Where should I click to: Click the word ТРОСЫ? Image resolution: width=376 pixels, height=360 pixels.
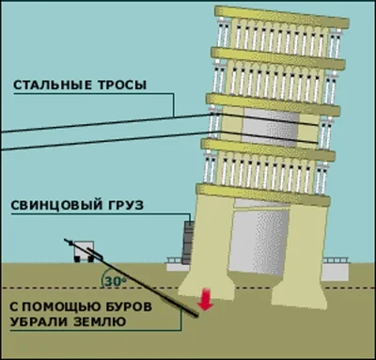pyautogui.click(x=118, y=86)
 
